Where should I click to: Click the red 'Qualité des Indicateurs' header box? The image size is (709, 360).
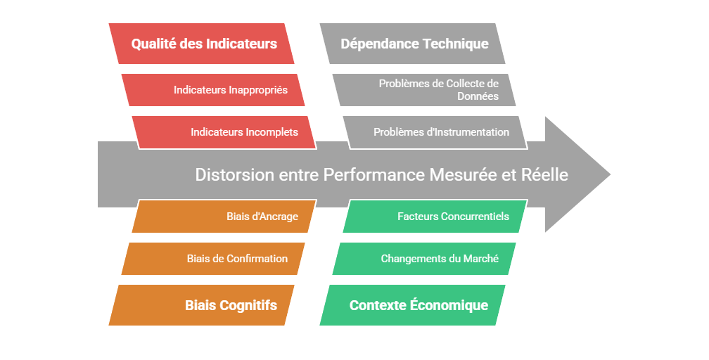tap(201, 44)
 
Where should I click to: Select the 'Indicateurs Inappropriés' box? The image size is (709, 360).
tap(213, 90)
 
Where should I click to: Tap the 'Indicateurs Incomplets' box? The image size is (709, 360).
tap(224, 132)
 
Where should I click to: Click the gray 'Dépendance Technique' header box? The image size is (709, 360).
tap(412, 44)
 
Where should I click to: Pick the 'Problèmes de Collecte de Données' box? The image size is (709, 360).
tap(424, 90)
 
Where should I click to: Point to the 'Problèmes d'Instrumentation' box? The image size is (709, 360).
tap(435, 132)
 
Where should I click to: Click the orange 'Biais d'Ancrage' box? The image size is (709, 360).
tap(224, 216)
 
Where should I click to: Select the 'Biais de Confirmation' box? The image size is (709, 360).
tap(213, 259)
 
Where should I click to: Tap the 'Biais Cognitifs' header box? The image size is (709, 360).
tap(201, 305)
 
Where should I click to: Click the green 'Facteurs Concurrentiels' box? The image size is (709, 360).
tap(435, 216)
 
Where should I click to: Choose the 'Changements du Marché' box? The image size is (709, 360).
tap(424, 259)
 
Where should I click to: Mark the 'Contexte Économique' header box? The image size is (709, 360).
tap(412, 305)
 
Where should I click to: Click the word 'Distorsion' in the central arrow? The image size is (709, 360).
tap(235, 174)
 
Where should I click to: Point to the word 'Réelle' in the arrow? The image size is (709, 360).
tap(544, 174)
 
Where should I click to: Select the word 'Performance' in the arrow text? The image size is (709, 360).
tap(374, 174)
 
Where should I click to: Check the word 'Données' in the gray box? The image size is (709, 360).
tap(478, 96)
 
